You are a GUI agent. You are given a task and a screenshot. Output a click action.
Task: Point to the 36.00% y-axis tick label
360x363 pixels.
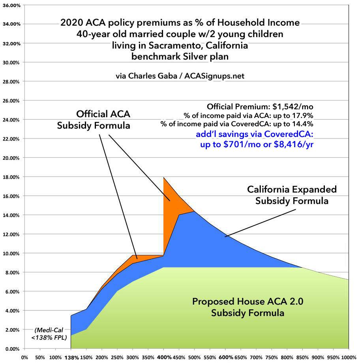pos(11,5)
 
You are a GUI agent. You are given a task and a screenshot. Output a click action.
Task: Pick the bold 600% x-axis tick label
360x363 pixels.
pos(225,357)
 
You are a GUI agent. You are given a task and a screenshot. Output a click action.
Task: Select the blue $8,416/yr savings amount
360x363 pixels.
pos(294,143)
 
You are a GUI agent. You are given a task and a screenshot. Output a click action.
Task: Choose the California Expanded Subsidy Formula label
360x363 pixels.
pos(292,195)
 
